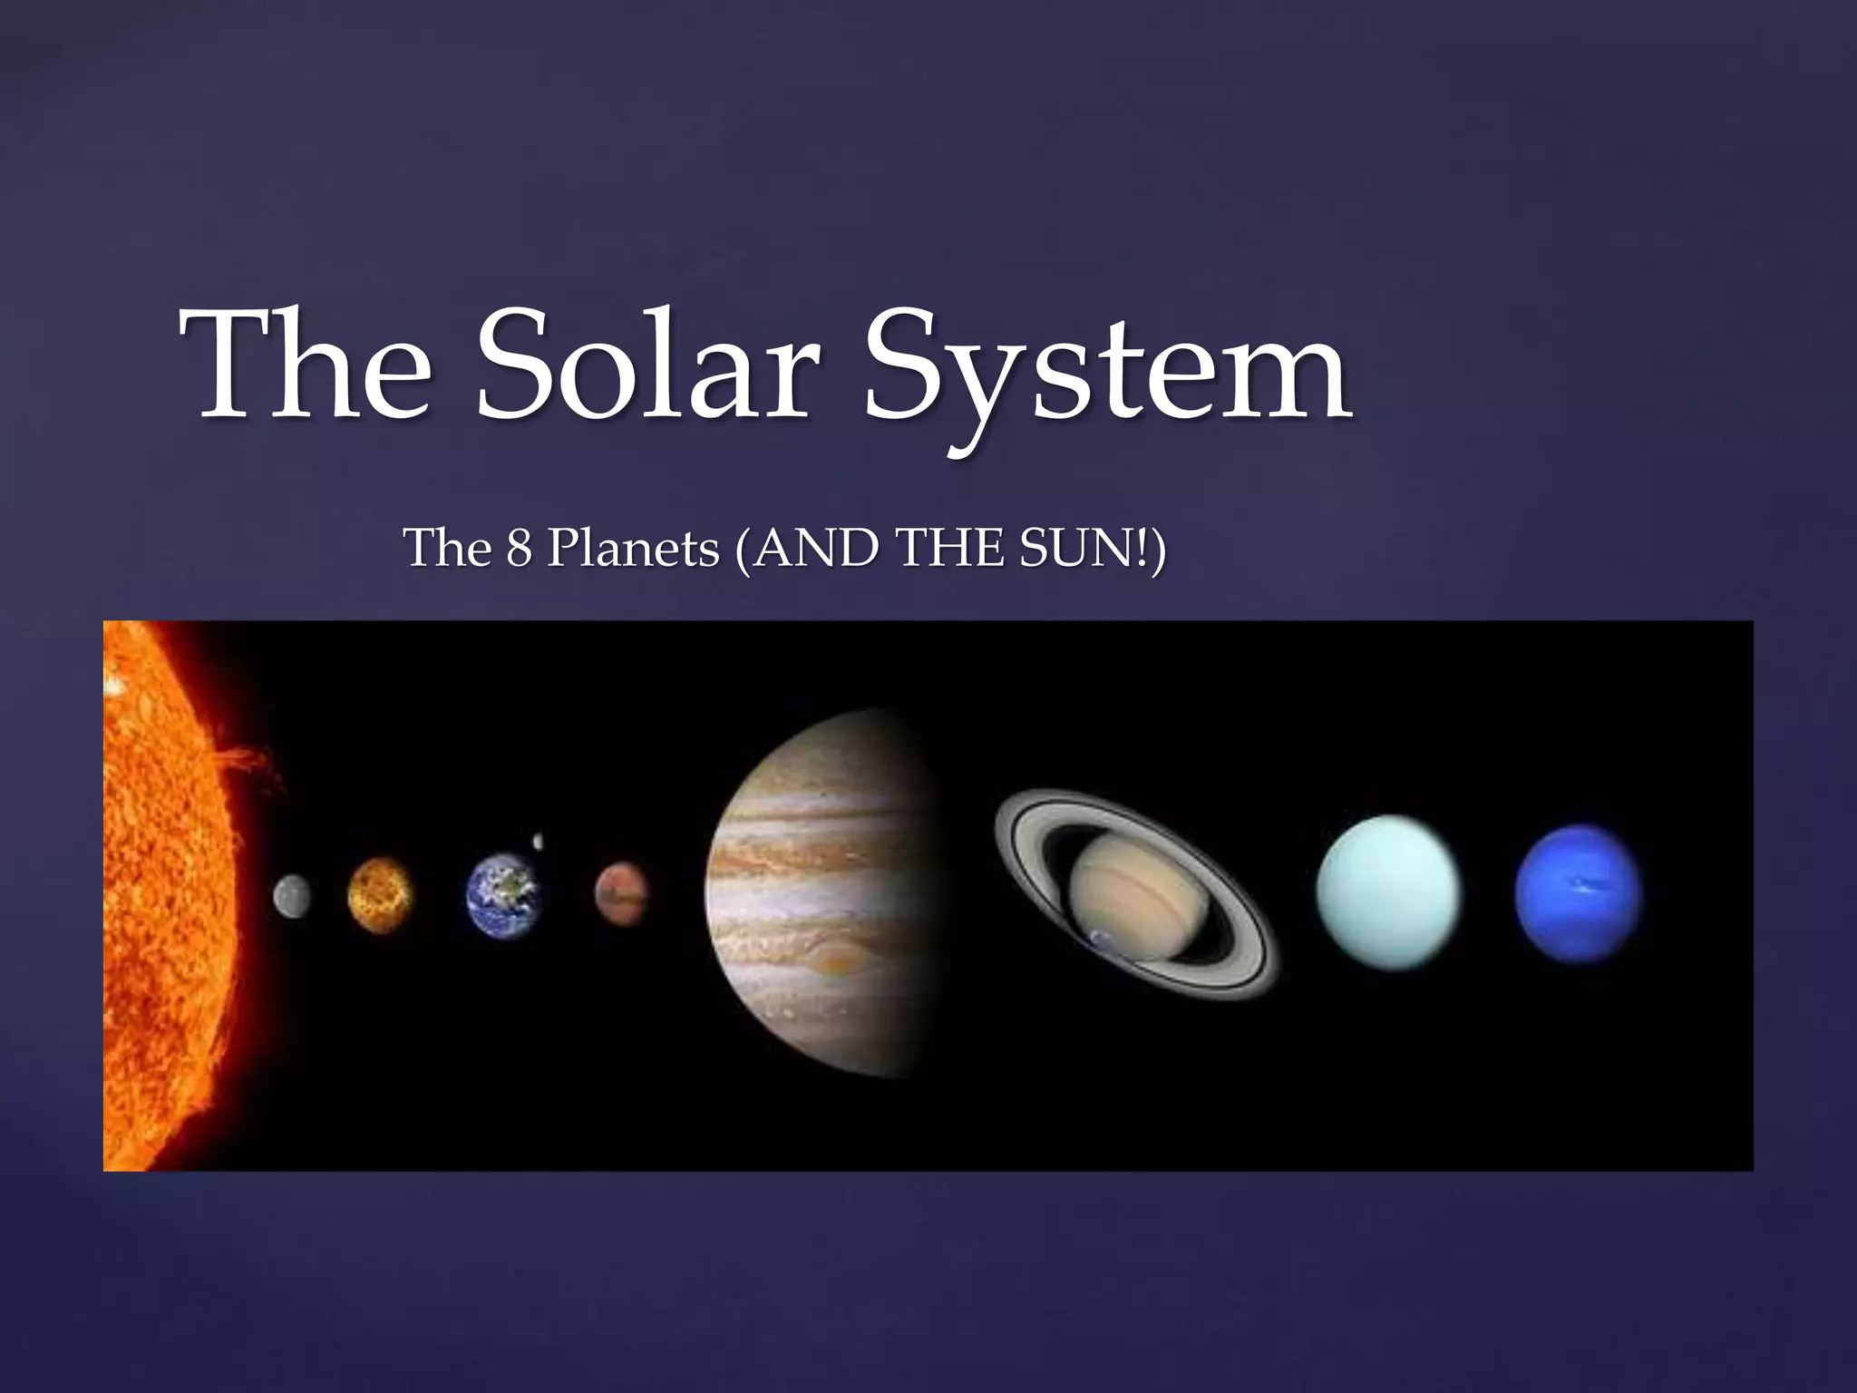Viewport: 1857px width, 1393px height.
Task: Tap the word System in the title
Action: tap(1106, 373)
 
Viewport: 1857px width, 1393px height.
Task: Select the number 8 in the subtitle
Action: tap(518, 549)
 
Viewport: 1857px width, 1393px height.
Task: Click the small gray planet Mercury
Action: tap(292, 896)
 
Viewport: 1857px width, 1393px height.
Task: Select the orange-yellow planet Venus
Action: tap(380, 895)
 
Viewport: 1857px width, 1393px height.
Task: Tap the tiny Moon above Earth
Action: tap(539, 842)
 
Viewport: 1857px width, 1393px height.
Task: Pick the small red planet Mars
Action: tap(622, 893)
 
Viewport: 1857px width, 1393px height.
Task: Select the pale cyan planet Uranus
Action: tap(1387, 893)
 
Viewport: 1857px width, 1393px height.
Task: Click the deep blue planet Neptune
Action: tap(1578, 893)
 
